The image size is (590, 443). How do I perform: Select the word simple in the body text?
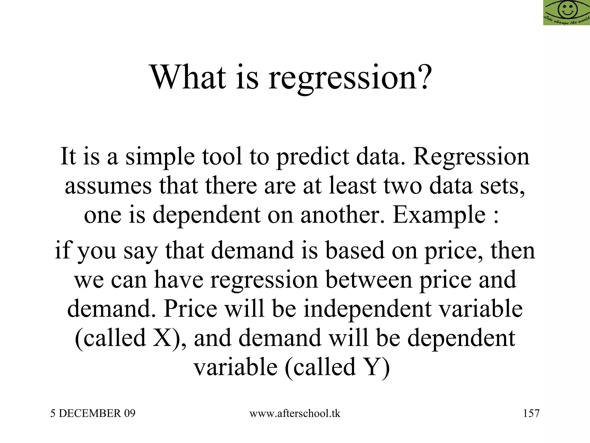(x=160, y=157)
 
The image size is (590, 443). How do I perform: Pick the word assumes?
(x=108, y=186)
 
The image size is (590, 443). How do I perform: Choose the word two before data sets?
(x=402, y=186)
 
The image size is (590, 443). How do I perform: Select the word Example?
(x=439, y=216)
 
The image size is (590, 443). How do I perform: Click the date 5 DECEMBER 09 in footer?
(x=93, y=414)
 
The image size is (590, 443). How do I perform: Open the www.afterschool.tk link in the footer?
(x=295, y=414)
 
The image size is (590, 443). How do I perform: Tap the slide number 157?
(x=531, y=414)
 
